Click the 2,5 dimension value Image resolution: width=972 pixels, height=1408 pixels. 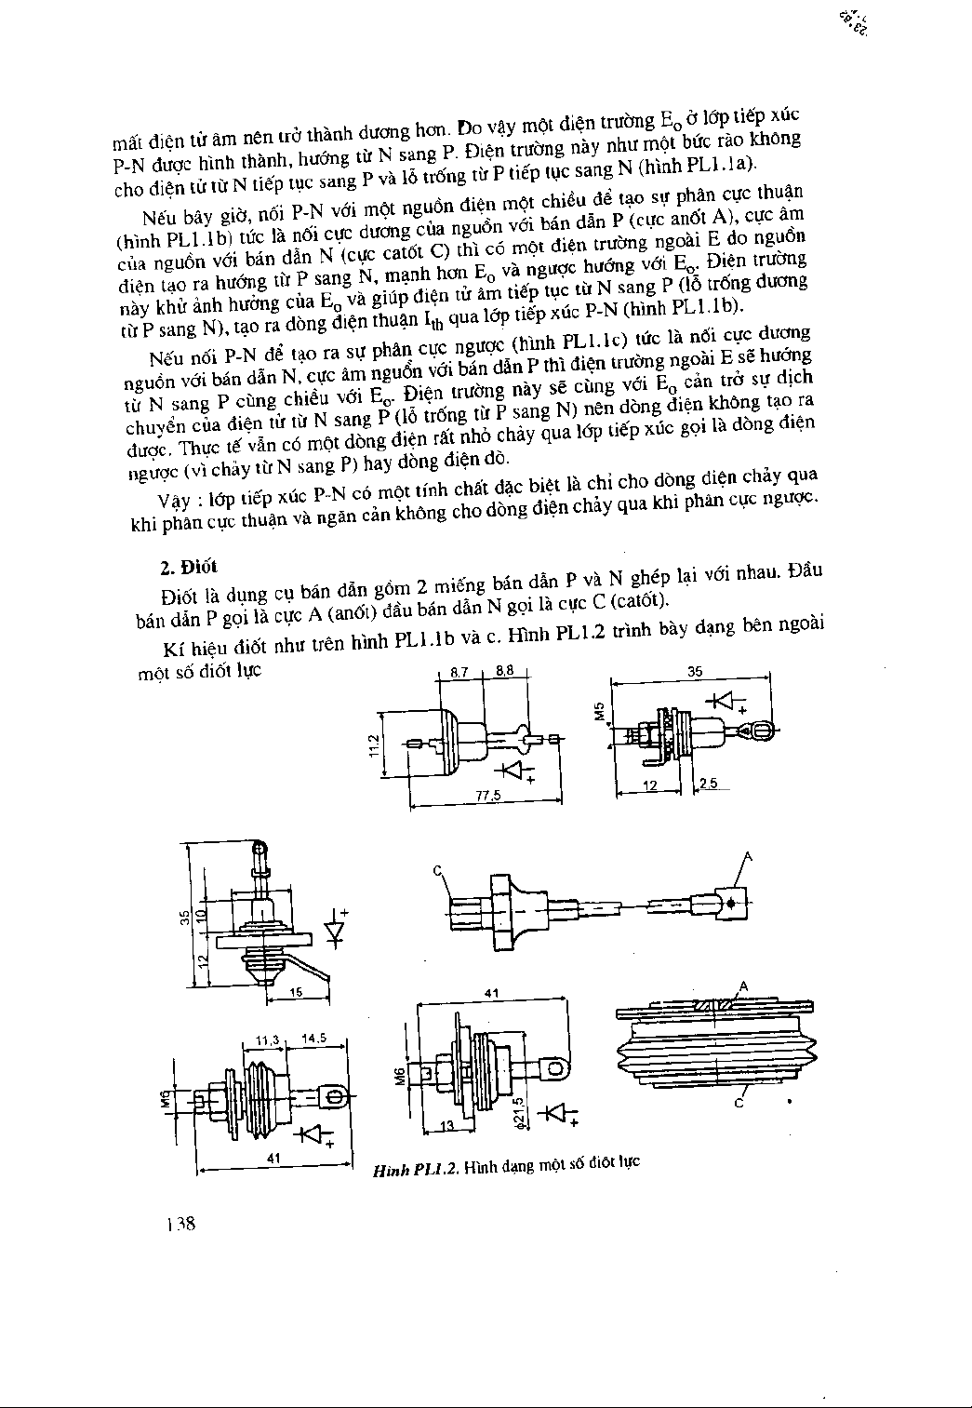click(709, 784)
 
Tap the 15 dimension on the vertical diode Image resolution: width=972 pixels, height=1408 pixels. click(295, 993)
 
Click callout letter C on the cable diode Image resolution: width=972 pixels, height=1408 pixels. click(437, 870)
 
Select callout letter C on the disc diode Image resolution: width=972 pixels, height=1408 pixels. click(738, 1104)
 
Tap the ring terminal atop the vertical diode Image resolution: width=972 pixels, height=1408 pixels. click(260, 848)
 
